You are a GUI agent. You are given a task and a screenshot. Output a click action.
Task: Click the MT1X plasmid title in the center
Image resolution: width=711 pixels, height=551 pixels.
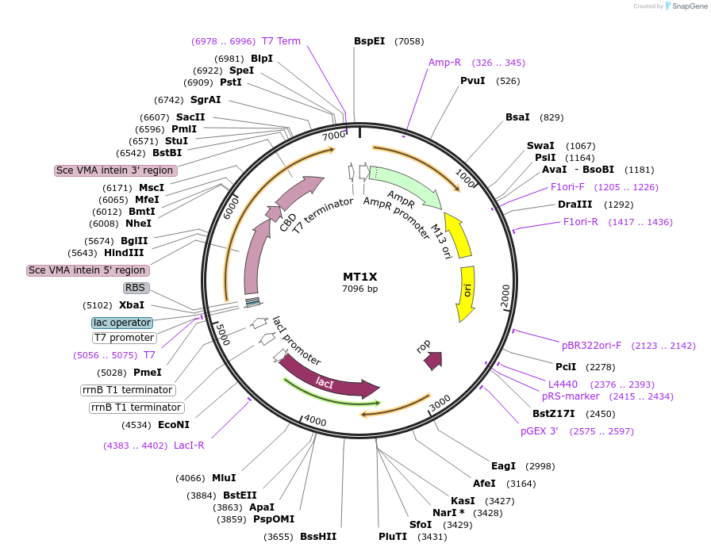click(359, 277)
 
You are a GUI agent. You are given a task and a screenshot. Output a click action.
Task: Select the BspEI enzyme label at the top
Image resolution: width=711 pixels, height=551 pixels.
click(369, 40)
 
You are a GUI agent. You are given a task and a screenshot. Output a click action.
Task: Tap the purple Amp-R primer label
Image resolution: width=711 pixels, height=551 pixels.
click(444, 62)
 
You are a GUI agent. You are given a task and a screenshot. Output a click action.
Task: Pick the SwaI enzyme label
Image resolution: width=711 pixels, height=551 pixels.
click(539, 145)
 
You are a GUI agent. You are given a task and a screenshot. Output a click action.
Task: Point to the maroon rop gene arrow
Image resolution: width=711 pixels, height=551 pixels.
click(432, 361)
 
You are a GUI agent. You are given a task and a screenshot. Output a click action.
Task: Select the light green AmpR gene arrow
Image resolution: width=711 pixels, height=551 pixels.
click(405, 190)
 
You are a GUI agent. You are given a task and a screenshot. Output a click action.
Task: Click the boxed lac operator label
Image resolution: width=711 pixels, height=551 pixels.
click(121, 323)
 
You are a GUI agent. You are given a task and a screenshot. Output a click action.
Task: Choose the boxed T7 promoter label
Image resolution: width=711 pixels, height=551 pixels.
click(124, 338)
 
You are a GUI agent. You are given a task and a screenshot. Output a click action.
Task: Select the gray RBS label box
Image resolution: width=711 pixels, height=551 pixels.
click(136, 288)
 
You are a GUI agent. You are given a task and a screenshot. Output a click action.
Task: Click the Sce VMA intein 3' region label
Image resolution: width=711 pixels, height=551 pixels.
click(115, 170)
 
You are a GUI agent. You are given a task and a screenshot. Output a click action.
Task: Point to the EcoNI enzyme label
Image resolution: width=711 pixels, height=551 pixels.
click(174, 424)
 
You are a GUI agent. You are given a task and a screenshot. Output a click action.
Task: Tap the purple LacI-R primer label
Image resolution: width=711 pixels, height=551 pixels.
click(189, 445)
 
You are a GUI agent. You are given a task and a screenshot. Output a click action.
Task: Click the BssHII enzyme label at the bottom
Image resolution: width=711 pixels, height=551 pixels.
click(318, 537)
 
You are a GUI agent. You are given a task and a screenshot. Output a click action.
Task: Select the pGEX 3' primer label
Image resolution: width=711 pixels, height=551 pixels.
click(540, 431)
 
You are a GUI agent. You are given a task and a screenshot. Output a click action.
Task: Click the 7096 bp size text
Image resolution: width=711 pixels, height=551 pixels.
click(359, 289)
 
